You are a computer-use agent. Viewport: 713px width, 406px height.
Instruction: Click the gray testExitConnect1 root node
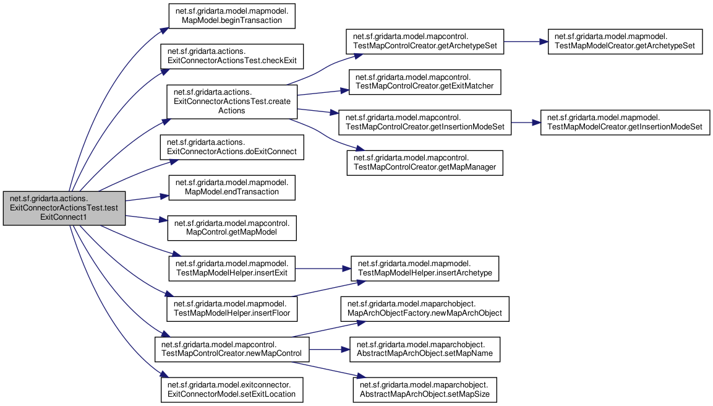[x=64, y=208]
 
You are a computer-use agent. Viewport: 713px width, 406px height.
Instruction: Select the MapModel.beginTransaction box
[x=232, y=16]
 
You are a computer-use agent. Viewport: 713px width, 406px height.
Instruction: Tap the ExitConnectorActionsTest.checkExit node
[x=232, y=56]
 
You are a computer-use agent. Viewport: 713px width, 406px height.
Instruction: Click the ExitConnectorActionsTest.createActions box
[x=232, y=101]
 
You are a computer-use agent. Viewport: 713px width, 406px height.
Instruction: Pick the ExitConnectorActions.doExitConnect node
[x=232, y=147]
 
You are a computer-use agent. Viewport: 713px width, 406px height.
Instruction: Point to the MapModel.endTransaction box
[x=232, y=188]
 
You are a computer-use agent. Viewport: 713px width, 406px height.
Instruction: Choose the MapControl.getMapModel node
[x=232, y=228]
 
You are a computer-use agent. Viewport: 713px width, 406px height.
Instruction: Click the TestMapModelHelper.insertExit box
[x=232, y=269]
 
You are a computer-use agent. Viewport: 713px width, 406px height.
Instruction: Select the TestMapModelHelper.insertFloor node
[x=232, y=309]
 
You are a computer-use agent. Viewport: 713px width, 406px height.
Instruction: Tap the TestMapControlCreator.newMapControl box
[x=232, y=350]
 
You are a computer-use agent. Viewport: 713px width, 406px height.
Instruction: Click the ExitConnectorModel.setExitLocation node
[x=232, y=390]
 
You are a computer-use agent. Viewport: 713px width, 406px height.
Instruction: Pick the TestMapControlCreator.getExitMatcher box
[x=425, y=82]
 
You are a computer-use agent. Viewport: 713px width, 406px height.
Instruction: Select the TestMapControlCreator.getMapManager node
[x=425, y=163]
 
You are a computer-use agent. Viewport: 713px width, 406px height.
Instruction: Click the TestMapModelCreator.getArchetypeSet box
[x=625, y=41]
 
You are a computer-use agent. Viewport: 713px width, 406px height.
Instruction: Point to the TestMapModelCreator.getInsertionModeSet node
[x=625, y=123]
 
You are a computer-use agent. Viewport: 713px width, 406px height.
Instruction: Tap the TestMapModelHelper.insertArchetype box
[x=425, y=269]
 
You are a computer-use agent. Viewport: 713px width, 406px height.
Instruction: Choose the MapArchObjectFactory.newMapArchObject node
[x=425, y=309]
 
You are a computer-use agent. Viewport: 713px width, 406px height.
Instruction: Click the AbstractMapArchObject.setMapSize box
[x=425, y=390]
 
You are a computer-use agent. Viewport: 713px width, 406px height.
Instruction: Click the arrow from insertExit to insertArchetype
[x=323, y=269]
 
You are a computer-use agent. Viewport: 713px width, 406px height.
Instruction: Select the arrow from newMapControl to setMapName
[x=329, y=350]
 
